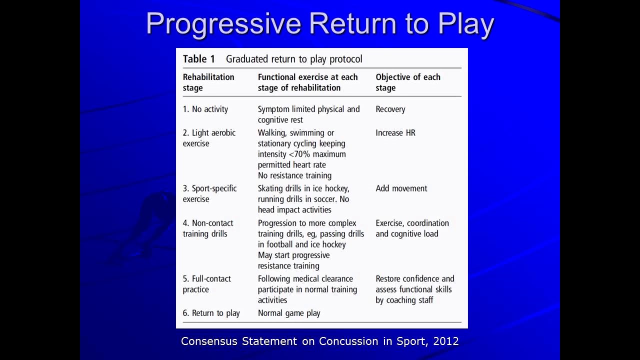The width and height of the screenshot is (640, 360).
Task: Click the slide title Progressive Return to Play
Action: [320, 23]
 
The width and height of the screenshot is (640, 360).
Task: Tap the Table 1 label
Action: [198, 59]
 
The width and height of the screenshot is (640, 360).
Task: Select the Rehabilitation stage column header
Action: [208, 82]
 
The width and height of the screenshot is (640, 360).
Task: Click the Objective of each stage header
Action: [408, 82]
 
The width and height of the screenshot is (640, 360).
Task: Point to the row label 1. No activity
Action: [205, 109]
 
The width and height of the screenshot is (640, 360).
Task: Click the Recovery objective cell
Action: [390, 109]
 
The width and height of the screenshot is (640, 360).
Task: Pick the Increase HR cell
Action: [395, 132]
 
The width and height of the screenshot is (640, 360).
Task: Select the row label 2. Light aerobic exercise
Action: [209, 138]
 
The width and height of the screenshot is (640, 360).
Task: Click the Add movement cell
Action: [401, 188]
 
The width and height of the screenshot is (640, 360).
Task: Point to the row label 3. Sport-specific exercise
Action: [209, 193]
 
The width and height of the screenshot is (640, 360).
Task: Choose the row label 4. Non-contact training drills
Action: [208, 228]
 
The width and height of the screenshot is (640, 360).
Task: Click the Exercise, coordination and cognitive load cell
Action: [412, 228]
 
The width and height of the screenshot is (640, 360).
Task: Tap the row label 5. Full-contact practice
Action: [207, 284]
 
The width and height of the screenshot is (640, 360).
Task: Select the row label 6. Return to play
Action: [211, 313]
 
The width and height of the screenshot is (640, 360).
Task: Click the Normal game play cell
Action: [289, 313]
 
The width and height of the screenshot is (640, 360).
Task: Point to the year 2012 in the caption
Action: [446, 341]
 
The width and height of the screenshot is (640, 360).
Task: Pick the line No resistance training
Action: [294, 175]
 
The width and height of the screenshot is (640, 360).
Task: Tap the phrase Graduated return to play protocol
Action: [294, 59]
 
